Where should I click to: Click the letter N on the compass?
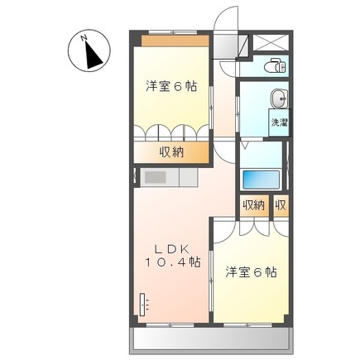[84, 37]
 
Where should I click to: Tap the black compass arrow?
[94, 55]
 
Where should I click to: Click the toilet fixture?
[276, 66]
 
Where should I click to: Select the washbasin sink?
[279, 98]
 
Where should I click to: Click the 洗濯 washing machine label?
[280, 122]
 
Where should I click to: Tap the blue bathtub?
[261, 180]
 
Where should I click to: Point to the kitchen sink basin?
[156, 177]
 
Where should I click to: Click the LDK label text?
[171, 250]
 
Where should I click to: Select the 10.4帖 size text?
[173, 262]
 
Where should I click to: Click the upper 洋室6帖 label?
[171, 86]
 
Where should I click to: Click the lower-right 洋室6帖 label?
[251, 272]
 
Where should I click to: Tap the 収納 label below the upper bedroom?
[171, 152]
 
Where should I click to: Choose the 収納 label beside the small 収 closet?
[253, 205]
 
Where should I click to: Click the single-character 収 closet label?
[281, 205]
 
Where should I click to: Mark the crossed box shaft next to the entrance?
[271, 42]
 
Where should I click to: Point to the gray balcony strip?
[211, 341]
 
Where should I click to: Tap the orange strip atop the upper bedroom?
[175, 41]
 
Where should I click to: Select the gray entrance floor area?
[225, 46]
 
